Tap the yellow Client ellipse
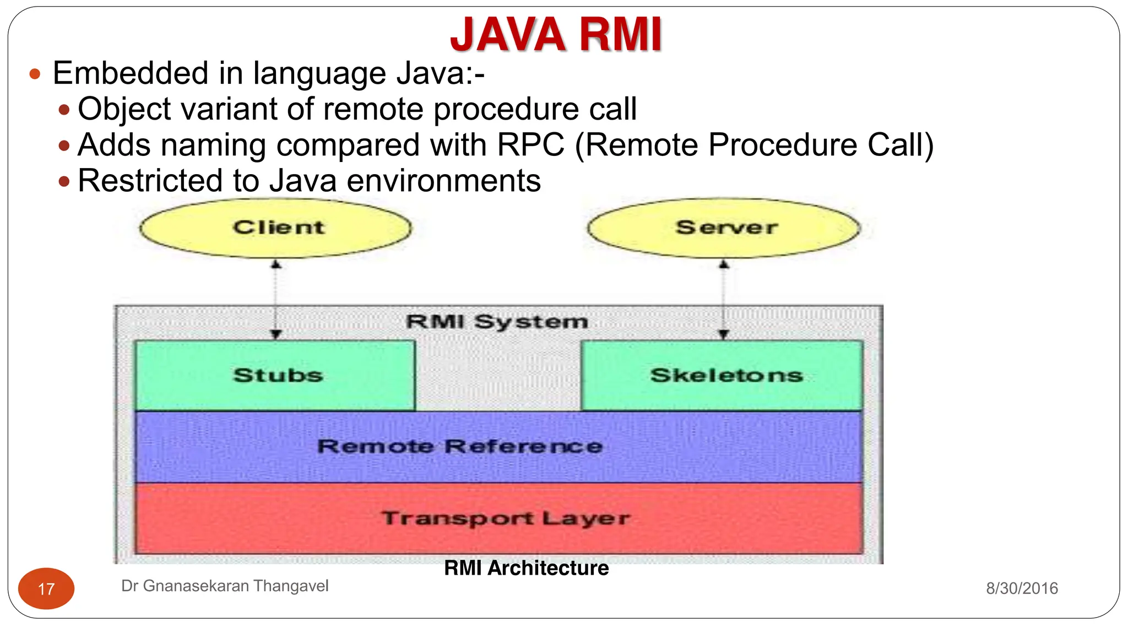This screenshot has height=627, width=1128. (275, 228)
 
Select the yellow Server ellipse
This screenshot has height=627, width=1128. (724, 228)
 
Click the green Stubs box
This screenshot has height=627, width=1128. (275, 375)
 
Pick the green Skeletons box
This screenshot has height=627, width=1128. (723, 375)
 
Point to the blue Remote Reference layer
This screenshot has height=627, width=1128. (498, 447)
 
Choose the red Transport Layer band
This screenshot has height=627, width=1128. (498, 518)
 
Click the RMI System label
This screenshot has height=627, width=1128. (497, 321)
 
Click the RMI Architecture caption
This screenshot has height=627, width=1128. (526, 568)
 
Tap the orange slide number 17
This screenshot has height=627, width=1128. (46, 589)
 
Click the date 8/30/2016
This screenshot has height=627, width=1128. (1022, 588)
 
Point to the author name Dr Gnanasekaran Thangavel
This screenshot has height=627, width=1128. (225, 586)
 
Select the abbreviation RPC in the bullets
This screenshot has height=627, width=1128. (530, 145)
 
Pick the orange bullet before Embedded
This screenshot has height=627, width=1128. (35, 74)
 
